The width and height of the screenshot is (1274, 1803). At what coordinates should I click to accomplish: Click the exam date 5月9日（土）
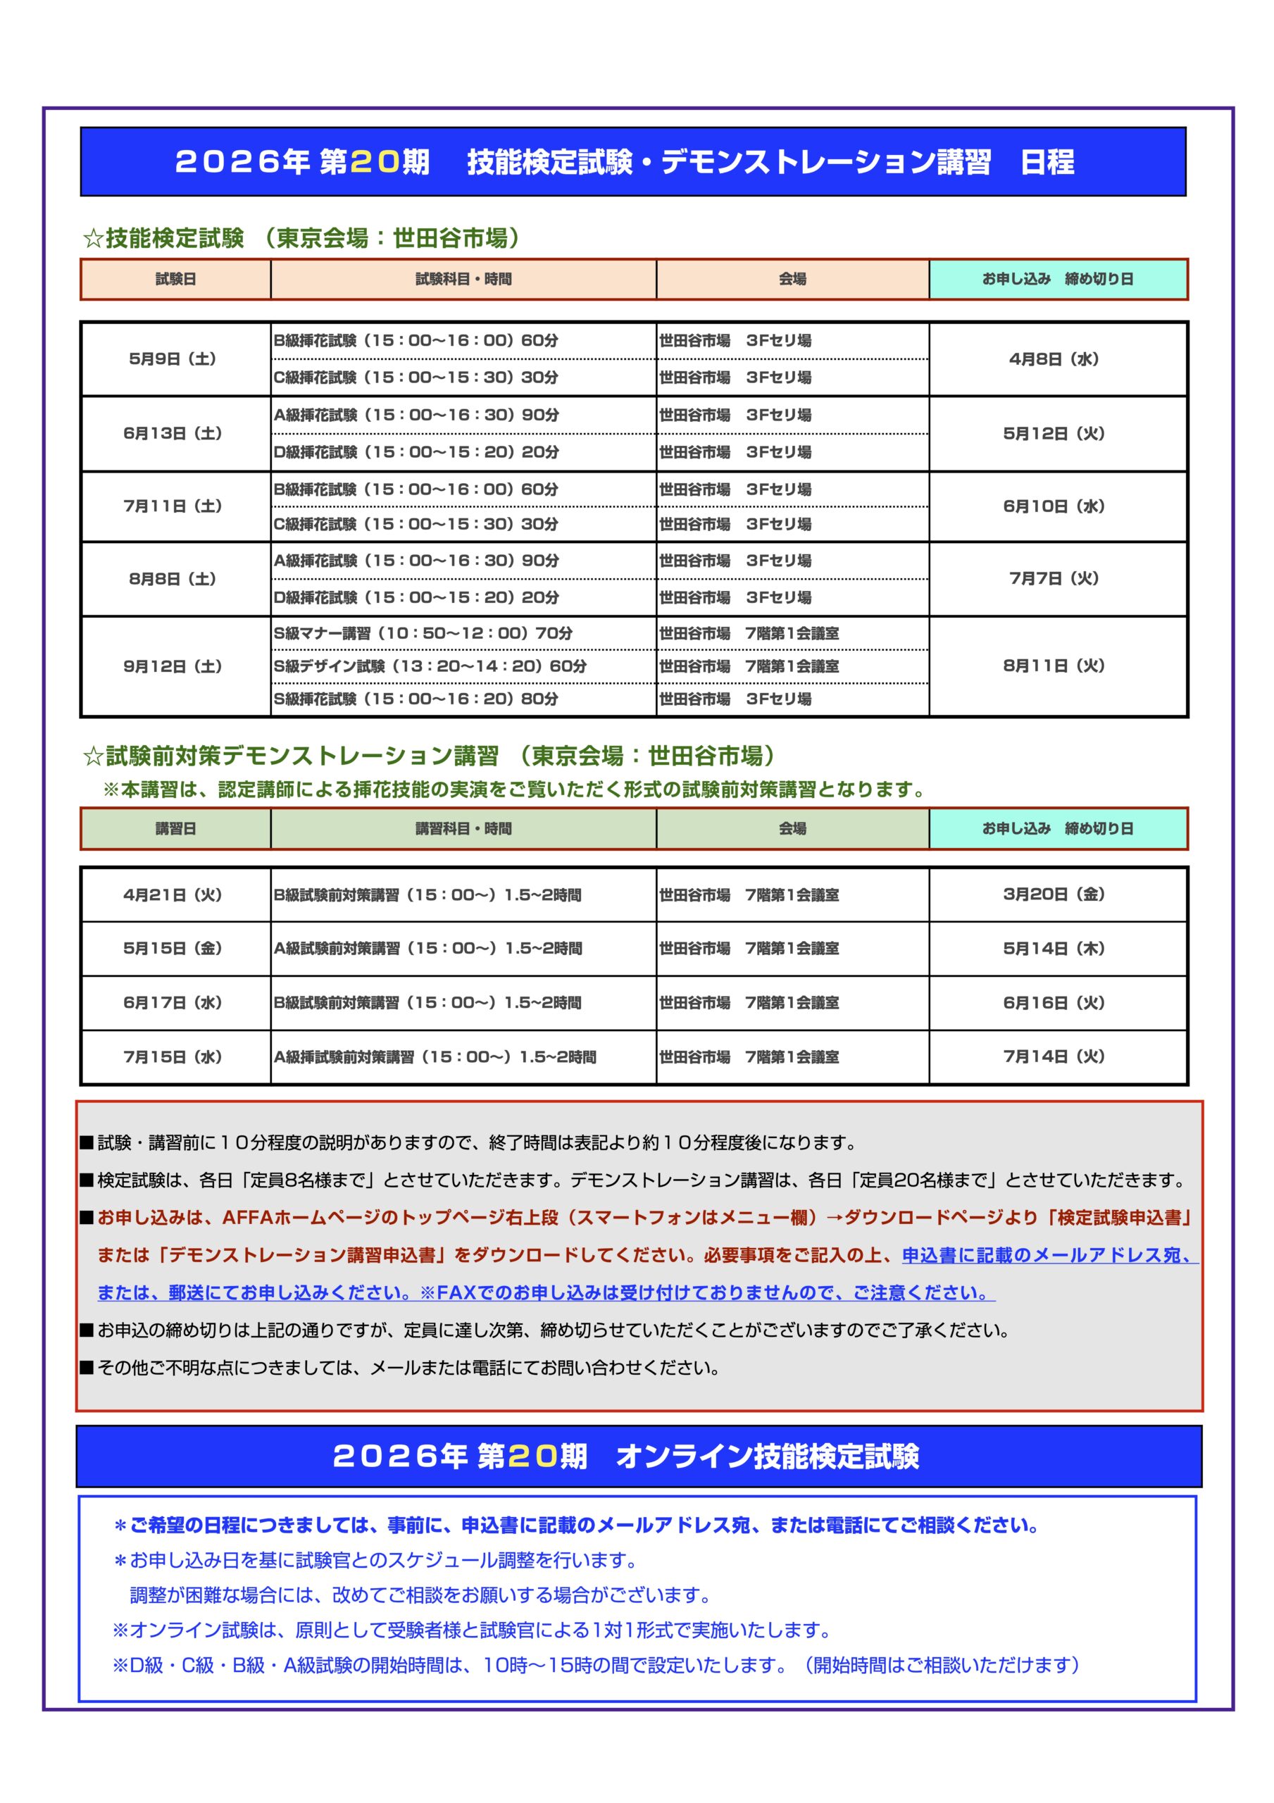tap(172, 359)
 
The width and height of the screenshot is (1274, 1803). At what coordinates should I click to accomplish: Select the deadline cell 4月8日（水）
tap(1054, 359)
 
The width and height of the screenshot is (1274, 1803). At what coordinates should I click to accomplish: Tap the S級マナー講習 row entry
tap(423, 633)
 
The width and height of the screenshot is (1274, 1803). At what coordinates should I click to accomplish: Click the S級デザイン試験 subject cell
tap(430, 666)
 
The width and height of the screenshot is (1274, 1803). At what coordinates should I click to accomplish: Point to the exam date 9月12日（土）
tap(172, 666)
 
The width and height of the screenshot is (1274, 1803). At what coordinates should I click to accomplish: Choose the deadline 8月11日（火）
tap(1054, 666)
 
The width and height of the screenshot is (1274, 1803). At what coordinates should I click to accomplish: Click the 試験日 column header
tap(175, 279)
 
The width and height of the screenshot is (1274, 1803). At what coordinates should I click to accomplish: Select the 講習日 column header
tap(175, 828)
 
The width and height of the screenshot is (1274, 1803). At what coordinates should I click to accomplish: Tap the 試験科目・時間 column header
tap(463, 279)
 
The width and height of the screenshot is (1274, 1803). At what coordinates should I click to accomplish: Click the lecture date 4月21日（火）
tap(172, 894)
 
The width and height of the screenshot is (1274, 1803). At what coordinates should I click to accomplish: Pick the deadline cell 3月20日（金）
tap(1054, 894)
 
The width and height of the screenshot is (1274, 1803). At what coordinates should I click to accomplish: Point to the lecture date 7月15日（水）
tap(172, 1057)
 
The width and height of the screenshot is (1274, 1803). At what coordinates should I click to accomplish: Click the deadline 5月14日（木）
tap(1054, 949)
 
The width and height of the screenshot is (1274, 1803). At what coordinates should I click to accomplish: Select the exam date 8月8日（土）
tap(172, 579)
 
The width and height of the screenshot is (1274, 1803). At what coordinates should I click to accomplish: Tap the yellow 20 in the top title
tap(375, 162)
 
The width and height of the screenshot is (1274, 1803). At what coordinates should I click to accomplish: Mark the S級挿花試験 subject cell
tap(416, 699)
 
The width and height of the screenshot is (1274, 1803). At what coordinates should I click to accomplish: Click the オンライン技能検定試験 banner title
tap(767, 1456)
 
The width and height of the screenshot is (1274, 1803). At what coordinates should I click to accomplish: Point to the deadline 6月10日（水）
tap(1054, 506)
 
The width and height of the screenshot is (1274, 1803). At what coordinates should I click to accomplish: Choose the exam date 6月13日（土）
tap(172, 433)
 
